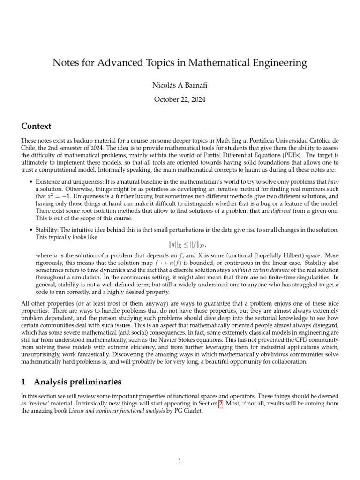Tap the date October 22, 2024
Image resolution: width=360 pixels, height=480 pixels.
[180, 99]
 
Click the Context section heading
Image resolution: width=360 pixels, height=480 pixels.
[37, 126]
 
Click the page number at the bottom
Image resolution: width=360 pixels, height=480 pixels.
[180, 461]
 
